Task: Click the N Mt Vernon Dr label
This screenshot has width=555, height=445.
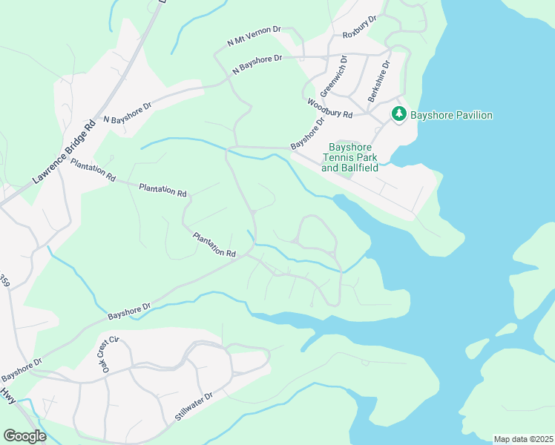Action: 254,36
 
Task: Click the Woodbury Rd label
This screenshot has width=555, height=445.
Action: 329,109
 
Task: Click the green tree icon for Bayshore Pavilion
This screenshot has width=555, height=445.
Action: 399,114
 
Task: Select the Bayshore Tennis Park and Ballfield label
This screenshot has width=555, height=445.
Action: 349,158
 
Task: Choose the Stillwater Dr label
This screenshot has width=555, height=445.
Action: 194,407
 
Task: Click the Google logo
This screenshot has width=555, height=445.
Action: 24,436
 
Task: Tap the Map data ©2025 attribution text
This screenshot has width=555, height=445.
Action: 523,439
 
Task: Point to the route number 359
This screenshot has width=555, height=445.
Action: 5,282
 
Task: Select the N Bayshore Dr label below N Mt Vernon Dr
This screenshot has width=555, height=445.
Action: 257,63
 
